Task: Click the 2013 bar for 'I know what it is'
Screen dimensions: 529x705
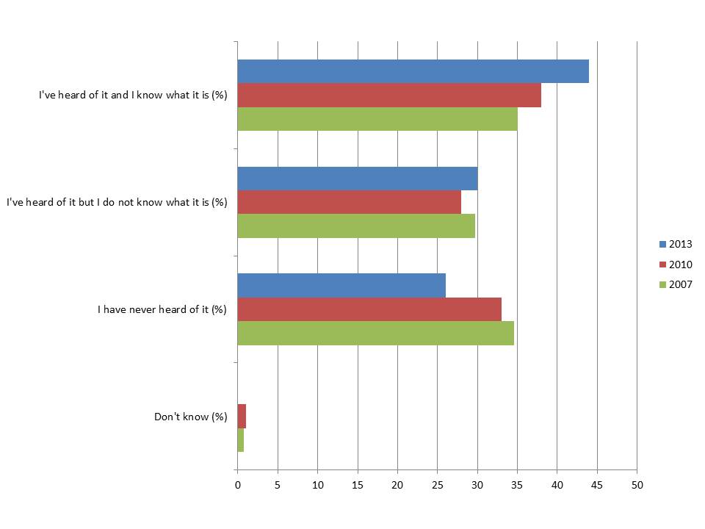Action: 413,71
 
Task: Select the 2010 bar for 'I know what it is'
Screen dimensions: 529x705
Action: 389,96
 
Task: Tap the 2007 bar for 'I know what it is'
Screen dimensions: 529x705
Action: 377,119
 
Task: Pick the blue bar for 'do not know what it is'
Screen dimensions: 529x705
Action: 358,179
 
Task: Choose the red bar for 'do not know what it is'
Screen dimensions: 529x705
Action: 350,202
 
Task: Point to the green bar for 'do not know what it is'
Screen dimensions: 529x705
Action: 356,226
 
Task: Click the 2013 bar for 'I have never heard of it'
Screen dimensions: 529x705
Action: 341,285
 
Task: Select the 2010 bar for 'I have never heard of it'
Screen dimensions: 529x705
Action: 369,309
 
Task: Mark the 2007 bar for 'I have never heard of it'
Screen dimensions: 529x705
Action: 375,333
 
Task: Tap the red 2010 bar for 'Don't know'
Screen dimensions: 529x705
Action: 242,416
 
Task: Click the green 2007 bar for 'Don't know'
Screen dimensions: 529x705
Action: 241,439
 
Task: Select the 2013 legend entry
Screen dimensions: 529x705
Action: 676,245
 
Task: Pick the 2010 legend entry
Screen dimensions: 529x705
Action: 676,264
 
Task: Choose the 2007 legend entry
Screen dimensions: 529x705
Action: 676,284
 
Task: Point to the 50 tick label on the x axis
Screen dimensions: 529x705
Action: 637,485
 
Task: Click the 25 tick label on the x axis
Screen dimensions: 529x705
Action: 437,485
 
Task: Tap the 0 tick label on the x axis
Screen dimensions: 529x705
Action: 238,485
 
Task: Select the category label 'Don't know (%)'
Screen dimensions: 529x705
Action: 191,417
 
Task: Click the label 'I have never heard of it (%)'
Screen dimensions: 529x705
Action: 162,309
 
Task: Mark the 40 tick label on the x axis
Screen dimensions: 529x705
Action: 557,485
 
